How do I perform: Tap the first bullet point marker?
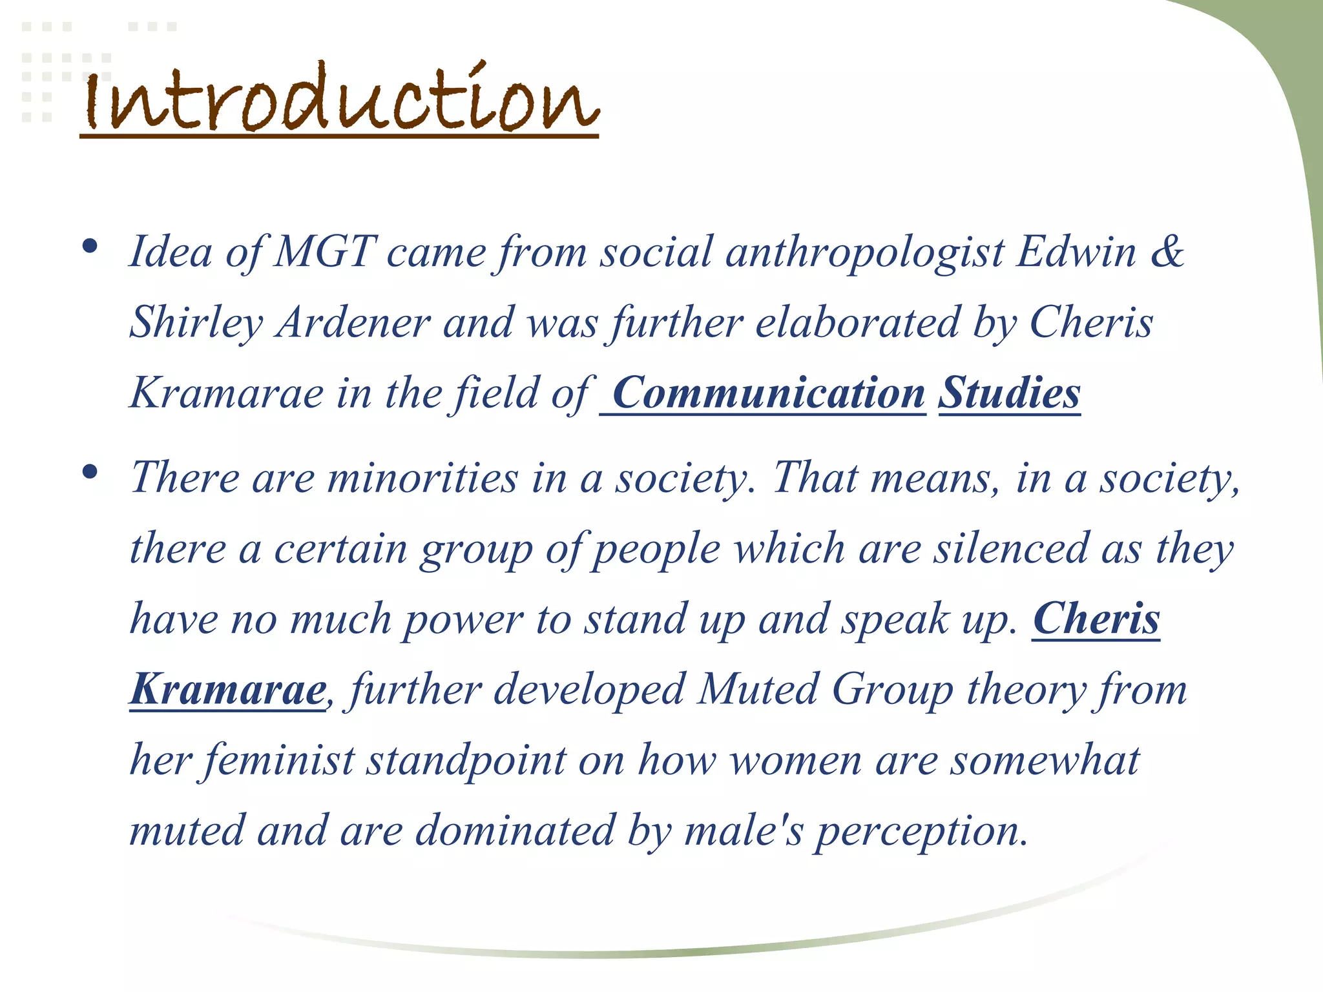click(x=90, y=246)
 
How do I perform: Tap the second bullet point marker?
click(x=90, y=472)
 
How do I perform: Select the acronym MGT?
click(x=325, y=251)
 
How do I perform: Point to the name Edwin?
click(x=1076, y=251)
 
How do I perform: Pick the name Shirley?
click(x=196, y=322)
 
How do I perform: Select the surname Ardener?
click(x=353, y=322)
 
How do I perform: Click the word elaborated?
click(x=857, y=322)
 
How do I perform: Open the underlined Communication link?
click(x=768, y=393)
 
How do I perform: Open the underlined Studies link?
click(x=1009, y=393)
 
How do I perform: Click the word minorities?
click(x=422, y=479)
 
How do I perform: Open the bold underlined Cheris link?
click(x=1096, y=619)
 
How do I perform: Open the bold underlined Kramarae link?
click(x=228, y=690)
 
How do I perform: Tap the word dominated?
click(x=514, y=831)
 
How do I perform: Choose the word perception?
click(x=919, y=832)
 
